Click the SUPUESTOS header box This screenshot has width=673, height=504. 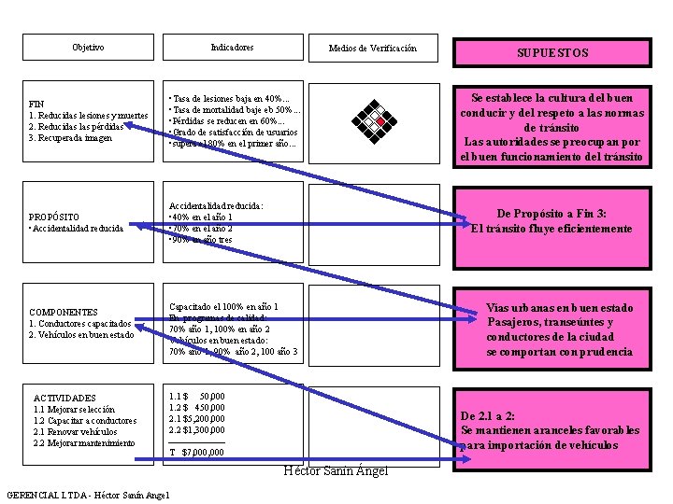[x=551, y=53]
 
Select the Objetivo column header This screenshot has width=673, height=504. [x=88, y=48]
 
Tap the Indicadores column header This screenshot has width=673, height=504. [x=232, y=48]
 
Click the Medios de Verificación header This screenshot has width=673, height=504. [x=373, y=49]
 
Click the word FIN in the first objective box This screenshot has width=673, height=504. [x=37, y=104]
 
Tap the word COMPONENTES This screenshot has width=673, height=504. [x=64, y=312]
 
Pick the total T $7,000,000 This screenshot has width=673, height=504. [x=196, y=453]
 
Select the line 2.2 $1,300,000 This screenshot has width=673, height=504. [x=196, y=429]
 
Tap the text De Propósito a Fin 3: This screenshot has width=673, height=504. [x=551, y=214]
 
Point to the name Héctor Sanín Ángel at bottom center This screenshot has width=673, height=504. [x=335, y=470]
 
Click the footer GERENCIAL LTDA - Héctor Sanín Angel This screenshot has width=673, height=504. [x=88, y=495]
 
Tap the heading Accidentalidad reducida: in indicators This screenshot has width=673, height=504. [x=216, y=206]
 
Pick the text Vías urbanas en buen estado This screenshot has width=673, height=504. [x=572, y=308]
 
